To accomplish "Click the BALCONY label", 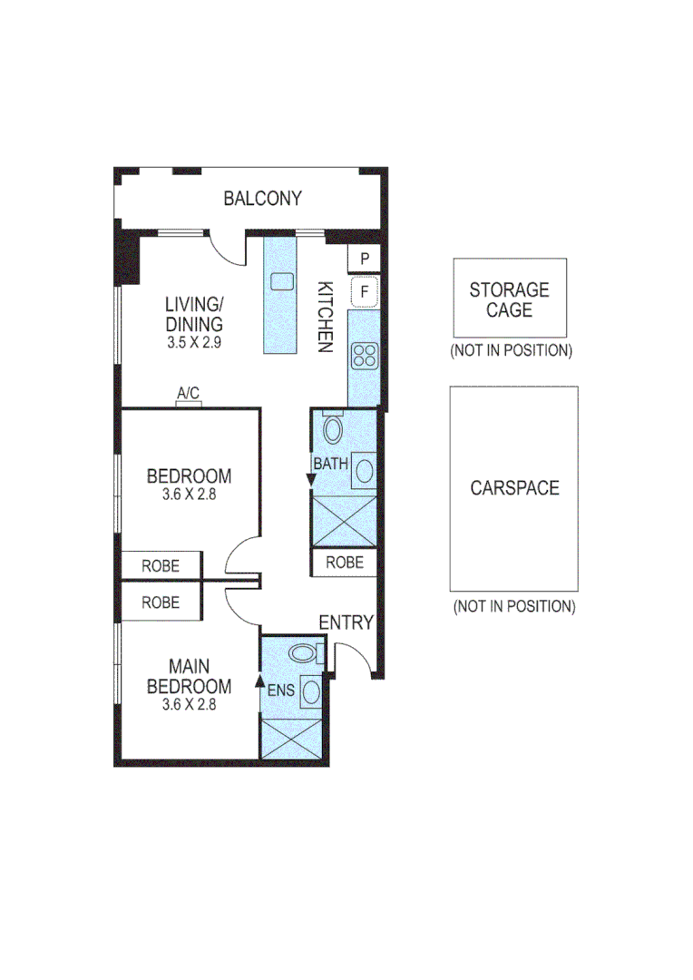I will [262, 199].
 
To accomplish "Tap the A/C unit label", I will [188, 394].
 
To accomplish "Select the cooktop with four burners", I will [365, 356].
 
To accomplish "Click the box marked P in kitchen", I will [364, 260].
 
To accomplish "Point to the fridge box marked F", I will [364, 292].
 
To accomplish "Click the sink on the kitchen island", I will [281, 280].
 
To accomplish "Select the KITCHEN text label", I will [324, 316].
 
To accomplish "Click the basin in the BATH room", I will [364, 470].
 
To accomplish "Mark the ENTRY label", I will [346, 622].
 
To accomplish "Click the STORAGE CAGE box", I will [509, 299].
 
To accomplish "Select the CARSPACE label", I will [513, 488].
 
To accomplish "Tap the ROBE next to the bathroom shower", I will [344, 563].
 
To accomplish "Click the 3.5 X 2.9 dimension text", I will [194, 344].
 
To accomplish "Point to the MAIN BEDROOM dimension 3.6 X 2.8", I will [189, 703].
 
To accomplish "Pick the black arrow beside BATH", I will [311, 481].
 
